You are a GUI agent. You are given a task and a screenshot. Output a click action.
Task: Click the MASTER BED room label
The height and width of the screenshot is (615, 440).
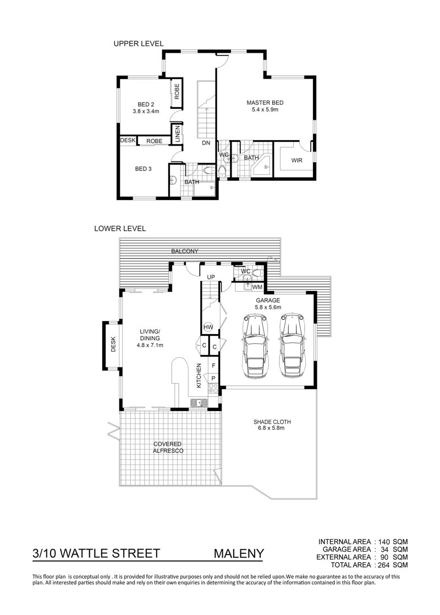(x=265, y=103)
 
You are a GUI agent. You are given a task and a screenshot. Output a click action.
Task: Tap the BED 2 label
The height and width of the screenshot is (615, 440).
(x=146, y=104)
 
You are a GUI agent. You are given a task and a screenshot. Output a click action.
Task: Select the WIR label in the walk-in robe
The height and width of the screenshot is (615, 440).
(x=297, y=160)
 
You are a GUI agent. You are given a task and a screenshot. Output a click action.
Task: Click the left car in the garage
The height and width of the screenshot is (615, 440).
(x=256, y=346)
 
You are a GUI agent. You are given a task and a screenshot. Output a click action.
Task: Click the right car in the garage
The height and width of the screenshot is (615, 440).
(x=293, y=346)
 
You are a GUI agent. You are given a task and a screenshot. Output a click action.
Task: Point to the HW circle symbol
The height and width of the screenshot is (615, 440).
(x=208, y=327)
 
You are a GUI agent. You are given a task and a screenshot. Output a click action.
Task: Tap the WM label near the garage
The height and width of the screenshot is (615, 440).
(x=257, y=287)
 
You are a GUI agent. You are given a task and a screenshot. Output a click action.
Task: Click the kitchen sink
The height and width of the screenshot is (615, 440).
(x=200, y=403)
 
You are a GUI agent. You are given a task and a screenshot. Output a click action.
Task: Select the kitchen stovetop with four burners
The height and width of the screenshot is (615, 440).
(x=213, y=389)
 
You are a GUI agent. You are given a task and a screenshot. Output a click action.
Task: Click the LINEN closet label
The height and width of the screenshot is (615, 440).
(x=178, y=134)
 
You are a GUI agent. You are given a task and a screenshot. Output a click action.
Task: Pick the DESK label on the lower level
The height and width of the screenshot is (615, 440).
(x=113, y=344)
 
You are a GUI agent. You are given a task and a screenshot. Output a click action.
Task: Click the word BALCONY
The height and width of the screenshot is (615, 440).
(x=184, y=251)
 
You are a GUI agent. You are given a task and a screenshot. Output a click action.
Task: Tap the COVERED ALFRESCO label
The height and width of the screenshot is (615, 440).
(x=168, y=447)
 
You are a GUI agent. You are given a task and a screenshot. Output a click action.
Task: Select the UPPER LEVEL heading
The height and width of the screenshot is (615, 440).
(x=139, y=43)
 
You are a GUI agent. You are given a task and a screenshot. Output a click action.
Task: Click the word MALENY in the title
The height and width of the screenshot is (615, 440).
(x=239, y=553)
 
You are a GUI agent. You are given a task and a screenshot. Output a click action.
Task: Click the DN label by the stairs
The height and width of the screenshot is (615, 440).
(x=206, y=143)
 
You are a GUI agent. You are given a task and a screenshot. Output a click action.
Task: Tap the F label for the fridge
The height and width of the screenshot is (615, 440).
(x=213, y=365)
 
